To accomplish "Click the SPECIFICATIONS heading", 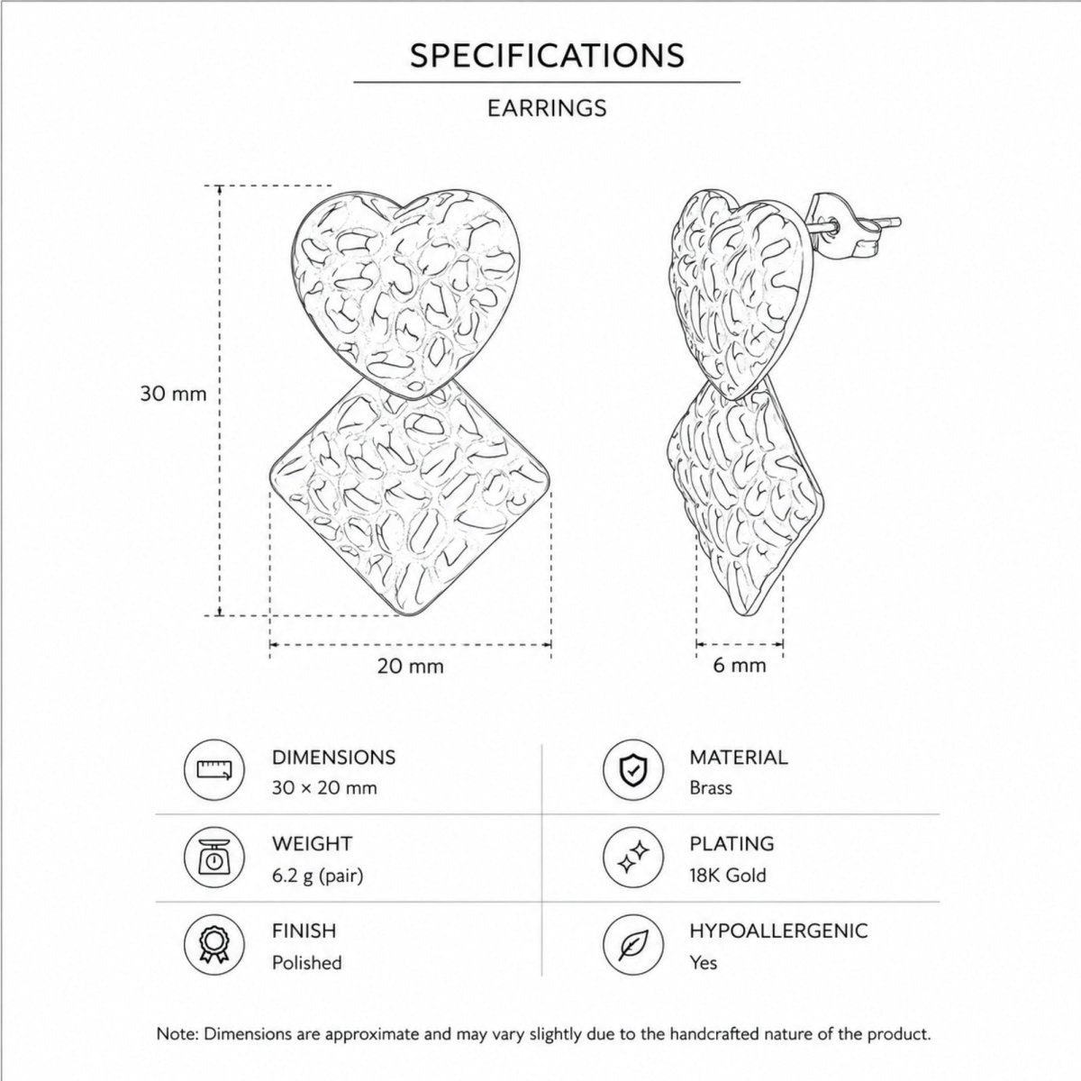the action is coord(547,56).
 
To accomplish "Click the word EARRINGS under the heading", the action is coord(547,108).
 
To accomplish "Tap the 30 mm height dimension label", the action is coord(173,394).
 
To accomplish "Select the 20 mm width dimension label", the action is coord(410,667).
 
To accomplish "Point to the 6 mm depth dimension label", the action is coord(740,666).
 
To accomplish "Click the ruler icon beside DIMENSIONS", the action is coord(214,770).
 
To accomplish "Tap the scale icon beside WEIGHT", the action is coord(214,858).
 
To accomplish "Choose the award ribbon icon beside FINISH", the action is coord(214,945).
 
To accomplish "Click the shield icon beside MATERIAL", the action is coord(632,770).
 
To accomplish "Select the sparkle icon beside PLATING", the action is coord(632,858).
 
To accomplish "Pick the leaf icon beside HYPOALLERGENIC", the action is coord(632,945).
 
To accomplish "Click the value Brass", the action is coord(711,788).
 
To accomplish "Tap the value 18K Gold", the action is coord(728,876).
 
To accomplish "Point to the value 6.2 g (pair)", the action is coord(317,877).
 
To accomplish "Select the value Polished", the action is coord(307,963).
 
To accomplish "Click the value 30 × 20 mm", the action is coord(324,788).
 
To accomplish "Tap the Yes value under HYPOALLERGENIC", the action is coord(704,963).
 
